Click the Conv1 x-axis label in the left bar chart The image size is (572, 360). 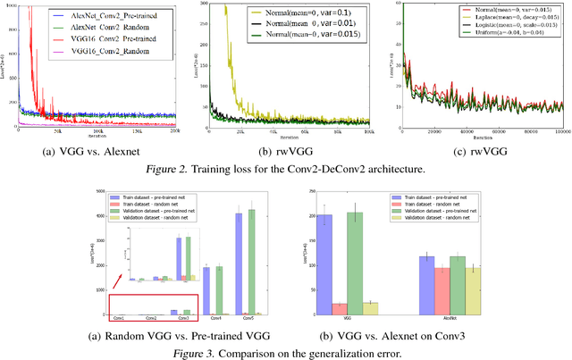point(118,318)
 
